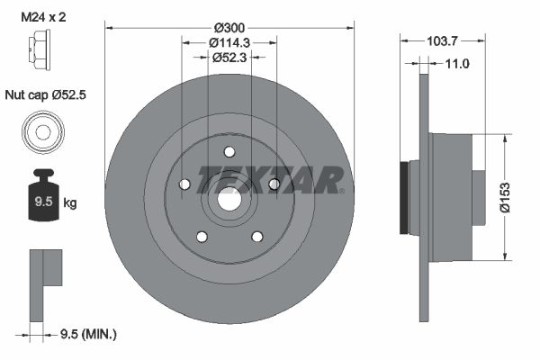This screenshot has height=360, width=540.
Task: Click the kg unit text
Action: [70, 203]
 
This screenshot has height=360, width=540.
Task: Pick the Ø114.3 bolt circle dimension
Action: [229, 41]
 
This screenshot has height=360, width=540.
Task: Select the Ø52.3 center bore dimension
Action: [229, 57]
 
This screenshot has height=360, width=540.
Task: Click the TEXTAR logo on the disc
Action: [270, 179]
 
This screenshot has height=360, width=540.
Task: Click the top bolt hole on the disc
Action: [229, 151]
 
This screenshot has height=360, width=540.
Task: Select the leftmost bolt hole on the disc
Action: [184, 184]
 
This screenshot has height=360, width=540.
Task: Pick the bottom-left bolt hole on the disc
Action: [202, 237]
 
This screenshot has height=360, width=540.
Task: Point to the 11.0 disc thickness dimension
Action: [458, 63]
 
